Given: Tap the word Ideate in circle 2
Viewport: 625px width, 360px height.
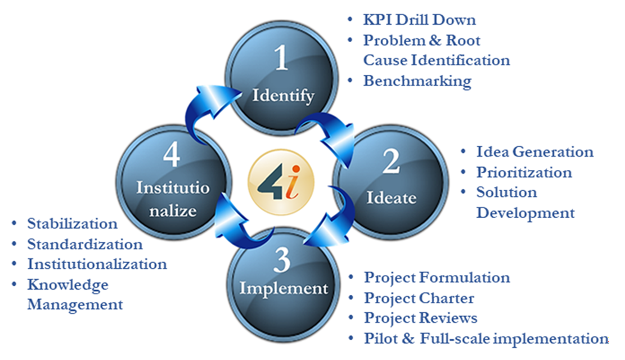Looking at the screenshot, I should (392, 197).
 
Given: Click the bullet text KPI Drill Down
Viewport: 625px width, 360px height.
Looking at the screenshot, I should (419, 20).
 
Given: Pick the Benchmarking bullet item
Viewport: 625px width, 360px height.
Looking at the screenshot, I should (417, 80).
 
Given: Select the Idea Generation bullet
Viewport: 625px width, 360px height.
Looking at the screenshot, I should (534, 152).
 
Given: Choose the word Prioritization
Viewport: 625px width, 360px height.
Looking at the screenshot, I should (524, 172).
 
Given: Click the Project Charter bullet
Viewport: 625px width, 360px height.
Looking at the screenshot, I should (419, 298).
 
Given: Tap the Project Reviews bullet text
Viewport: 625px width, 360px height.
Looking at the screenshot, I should (421, 318).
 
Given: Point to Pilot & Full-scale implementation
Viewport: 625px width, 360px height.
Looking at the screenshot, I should (486, 339).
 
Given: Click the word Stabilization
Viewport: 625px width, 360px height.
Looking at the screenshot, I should (72, 223).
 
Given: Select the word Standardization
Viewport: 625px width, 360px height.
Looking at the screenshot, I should (85, 244).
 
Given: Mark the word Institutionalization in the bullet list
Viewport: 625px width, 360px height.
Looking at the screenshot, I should (97, 264).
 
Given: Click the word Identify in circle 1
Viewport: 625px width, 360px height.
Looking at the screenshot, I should (283, 96).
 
